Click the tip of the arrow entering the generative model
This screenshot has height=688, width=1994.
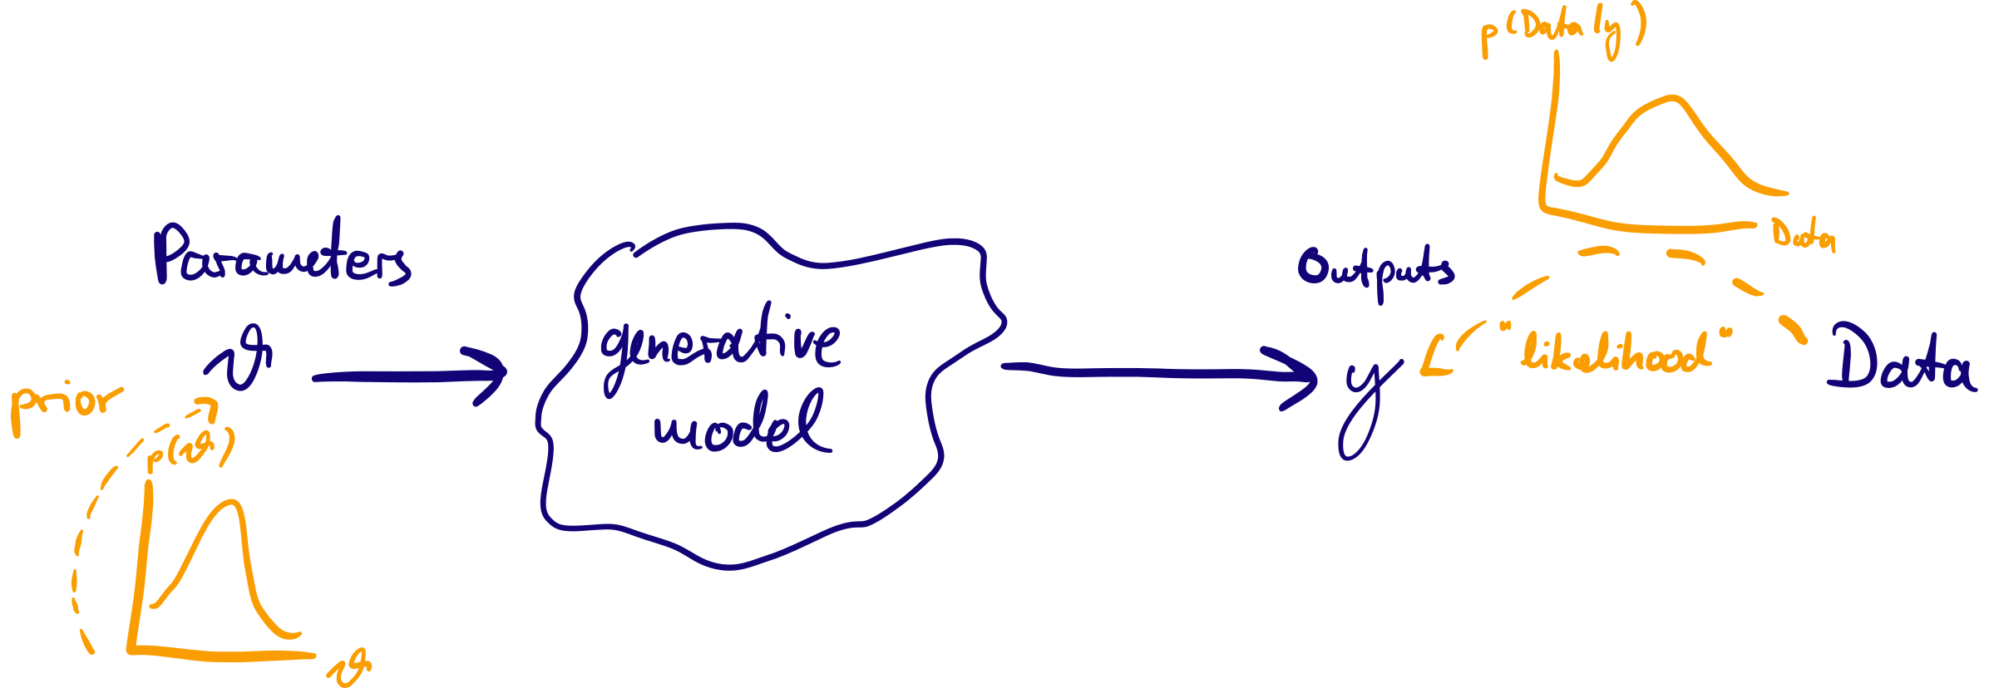point(505,371)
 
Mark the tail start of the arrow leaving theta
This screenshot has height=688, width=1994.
point(315,379)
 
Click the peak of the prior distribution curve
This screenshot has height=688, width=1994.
point(232,502)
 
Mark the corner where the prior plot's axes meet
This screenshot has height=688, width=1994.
point(131,649)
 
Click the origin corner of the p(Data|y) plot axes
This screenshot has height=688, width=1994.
point(1543,208)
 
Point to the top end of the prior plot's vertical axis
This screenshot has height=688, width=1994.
point(149,484)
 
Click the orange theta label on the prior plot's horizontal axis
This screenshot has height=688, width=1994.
point(349,667)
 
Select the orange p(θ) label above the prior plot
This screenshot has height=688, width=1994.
point(190,450)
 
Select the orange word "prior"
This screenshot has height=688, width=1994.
point(67,407)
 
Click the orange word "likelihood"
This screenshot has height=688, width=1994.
point(1617,351)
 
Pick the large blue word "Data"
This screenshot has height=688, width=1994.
point(1900,358)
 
